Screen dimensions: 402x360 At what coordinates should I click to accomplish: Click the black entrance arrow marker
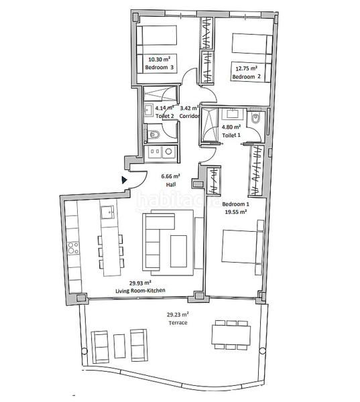(x=124, y=180)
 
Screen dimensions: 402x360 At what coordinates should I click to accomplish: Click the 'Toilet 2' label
(x=164, y=116)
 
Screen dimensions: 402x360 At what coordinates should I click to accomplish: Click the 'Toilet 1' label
(x=232, y=135)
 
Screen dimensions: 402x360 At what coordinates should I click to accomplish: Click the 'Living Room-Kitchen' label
(x=141, y=290)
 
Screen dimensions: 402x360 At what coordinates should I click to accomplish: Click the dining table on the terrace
(x=229, y=334)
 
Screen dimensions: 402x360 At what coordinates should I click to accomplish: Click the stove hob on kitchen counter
(x=72, y=255)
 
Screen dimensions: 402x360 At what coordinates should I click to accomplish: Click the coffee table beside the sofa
(x=179, y=251)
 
